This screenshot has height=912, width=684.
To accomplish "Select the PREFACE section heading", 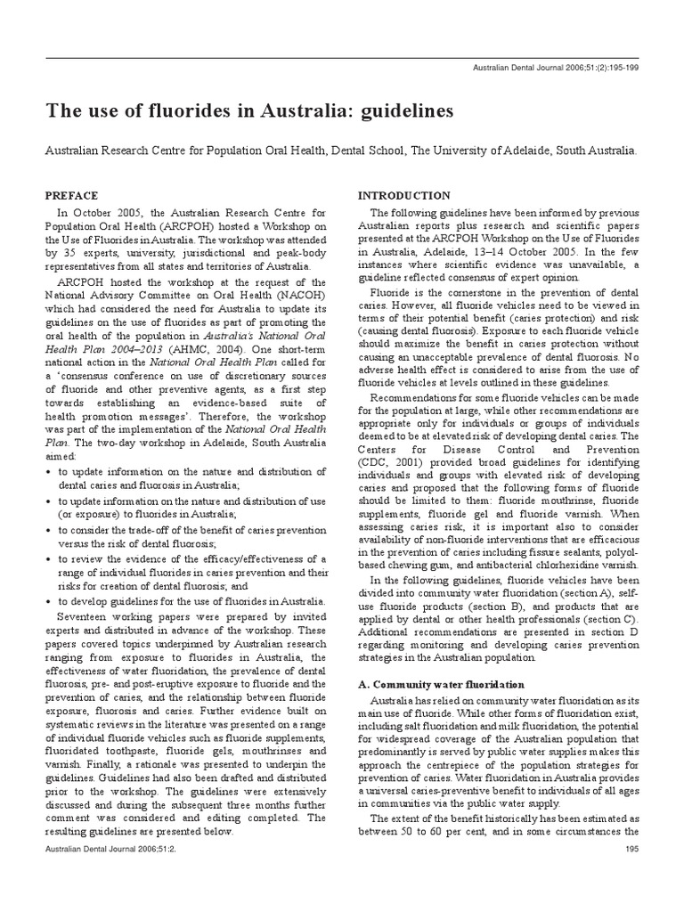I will click(74, 194).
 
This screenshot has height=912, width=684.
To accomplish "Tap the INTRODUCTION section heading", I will click(403, 195).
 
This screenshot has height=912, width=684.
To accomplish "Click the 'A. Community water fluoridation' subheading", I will click(441, 684).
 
